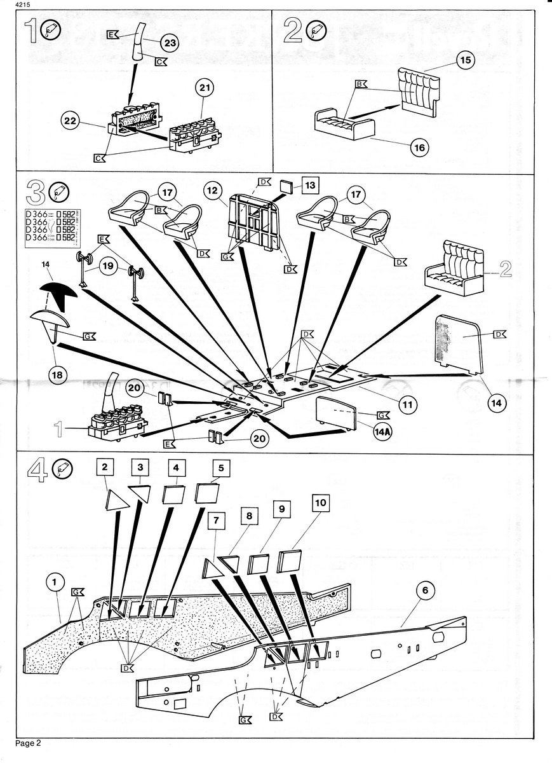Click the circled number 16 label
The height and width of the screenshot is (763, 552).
click(x=419, y=148)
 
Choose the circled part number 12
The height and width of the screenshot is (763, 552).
click(x=212, y=189)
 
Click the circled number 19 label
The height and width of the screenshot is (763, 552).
click(x=110, y=268)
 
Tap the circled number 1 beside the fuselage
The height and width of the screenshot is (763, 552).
click(x=56, y=581)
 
